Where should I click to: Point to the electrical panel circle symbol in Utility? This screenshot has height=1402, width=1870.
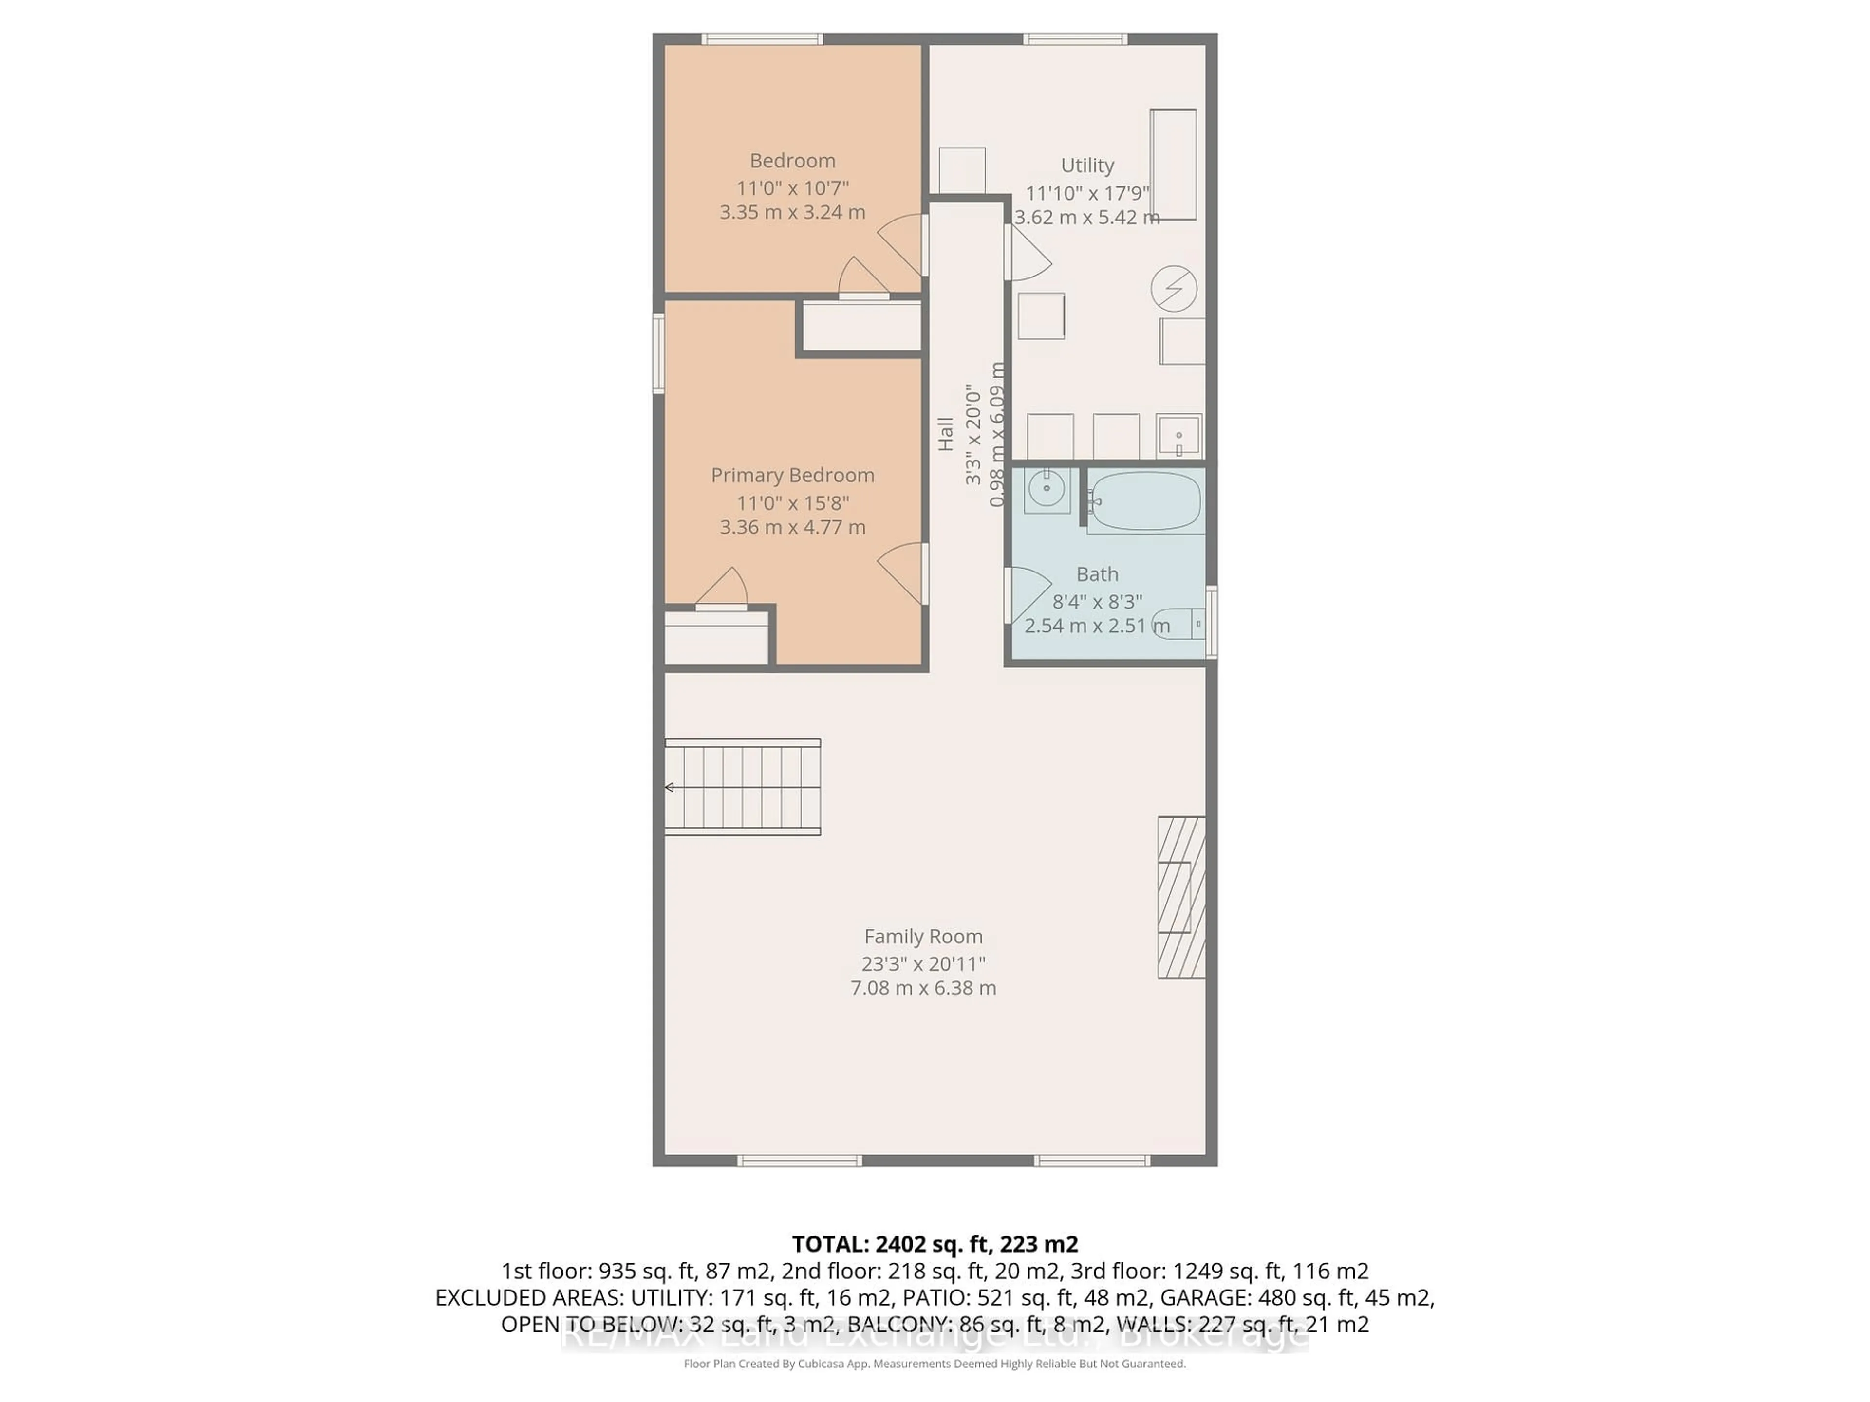coord(1174,289)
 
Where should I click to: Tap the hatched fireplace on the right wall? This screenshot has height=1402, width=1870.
coord(1181,898)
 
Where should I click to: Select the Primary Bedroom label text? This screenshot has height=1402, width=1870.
coord(792,475)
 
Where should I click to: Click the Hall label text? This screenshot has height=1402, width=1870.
coord(945,434)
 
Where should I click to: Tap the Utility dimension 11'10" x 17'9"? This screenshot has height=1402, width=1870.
coord(1087,193)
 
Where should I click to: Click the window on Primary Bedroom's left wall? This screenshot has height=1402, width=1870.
coord(658,353)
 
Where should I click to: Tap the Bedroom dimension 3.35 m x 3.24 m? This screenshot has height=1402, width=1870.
coord(792,212)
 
